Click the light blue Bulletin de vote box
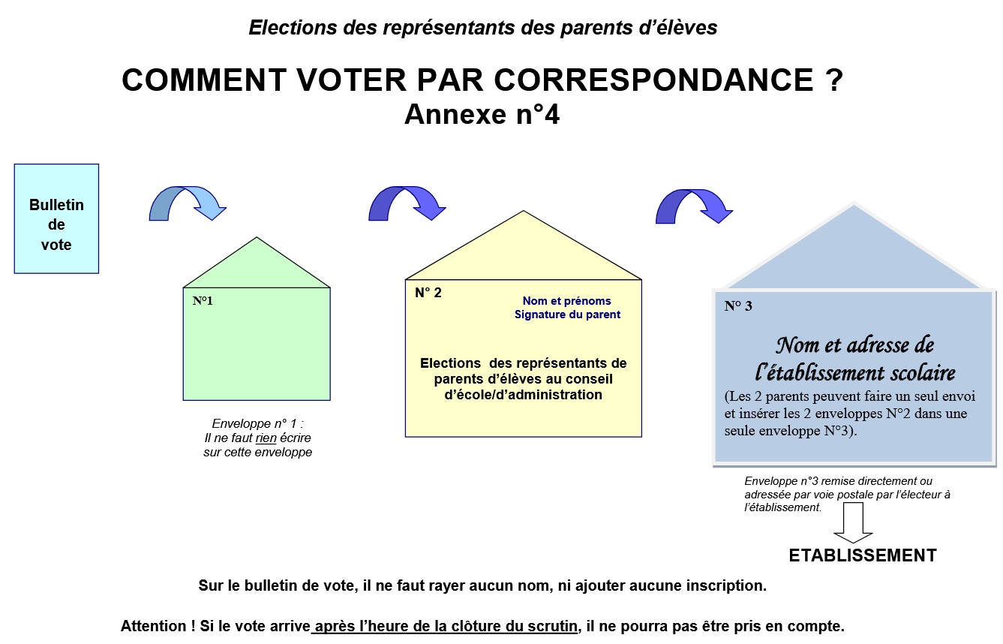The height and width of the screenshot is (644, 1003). click(x=56, y=218)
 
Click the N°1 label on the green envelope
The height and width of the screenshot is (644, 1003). click(x=203, y=301)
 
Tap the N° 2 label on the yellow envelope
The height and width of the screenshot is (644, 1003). click(x=428, y=293)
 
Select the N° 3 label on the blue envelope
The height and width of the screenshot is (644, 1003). click(x=738, y=305)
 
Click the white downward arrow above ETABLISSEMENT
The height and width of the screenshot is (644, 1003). click(x=853, y=522)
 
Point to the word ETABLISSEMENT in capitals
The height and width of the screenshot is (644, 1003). click(x=863, y=555)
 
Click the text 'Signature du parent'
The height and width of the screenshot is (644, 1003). click(x=567, y=314)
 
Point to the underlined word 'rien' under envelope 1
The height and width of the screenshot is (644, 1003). click(x=266, y=438)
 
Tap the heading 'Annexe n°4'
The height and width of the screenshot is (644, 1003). click(x=482, y=115)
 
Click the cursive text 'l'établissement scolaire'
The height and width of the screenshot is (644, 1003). click(x=854, y=373)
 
